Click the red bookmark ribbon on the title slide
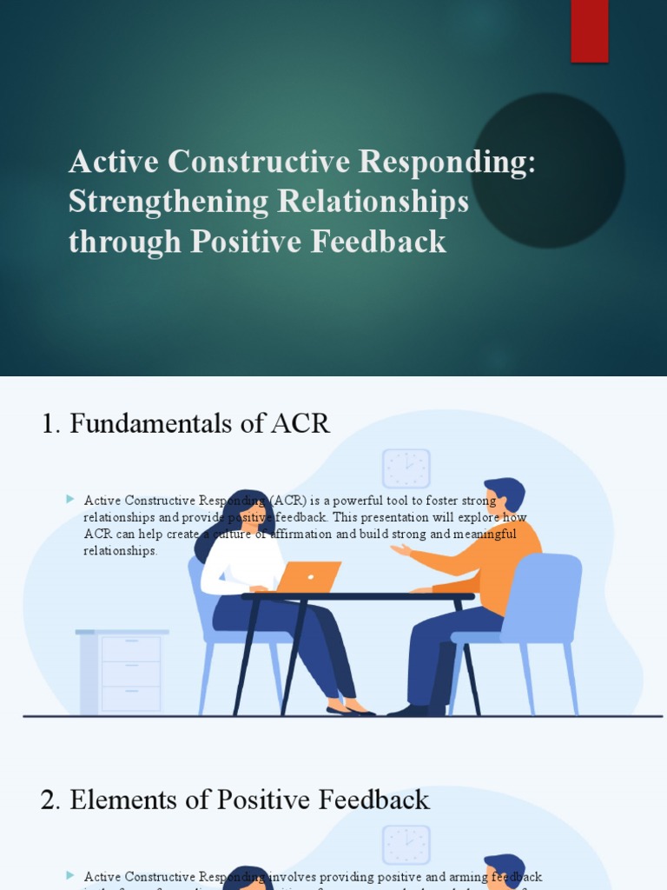589,30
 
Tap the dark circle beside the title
548,170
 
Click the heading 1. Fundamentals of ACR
186,423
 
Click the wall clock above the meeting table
406,468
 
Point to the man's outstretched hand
400,550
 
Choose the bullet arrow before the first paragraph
70,499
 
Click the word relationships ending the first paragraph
121,551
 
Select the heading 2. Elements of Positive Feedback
235,800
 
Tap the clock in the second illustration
406,845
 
